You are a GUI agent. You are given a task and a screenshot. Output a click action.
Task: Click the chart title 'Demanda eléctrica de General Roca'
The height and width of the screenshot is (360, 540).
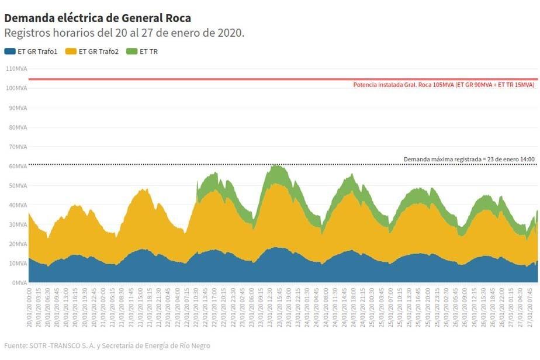coord(98,18)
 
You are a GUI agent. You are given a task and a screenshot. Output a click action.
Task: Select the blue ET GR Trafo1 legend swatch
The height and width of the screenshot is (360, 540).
coord(9,51)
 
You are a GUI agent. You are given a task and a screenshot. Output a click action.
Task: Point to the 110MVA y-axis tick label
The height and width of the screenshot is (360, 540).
coord(16,68)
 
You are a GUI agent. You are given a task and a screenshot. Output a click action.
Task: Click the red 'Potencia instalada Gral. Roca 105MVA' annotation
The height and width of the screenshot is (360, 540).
coord(444,85)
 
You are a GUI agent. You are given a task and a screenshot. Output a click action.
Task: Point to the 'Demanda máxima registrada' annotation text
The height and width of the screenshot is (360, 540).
coord(469,159)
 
